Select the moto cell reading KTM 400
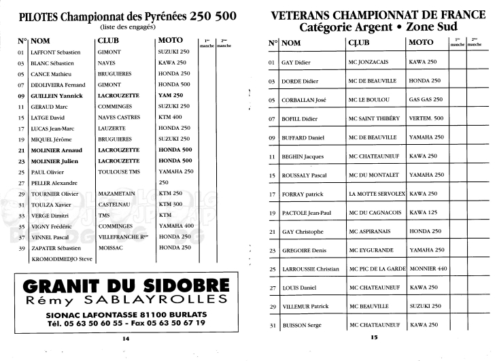click(x=171, y=118)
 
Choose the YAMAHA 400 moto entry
click(x=176, y=226)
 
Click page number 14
click(x=125, y=338)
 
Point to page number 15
click(x=373, y=337)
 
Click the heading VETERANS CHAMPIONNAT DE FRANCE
click(x=378, y=15)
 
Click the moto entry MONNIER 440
click(x=428, y=269)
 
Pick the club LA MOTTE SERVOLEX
click(x=377, y=194)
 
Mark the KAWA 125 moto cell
click(x=423, y=213)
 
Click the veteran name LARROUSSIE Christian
click(x=309, y=269)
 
